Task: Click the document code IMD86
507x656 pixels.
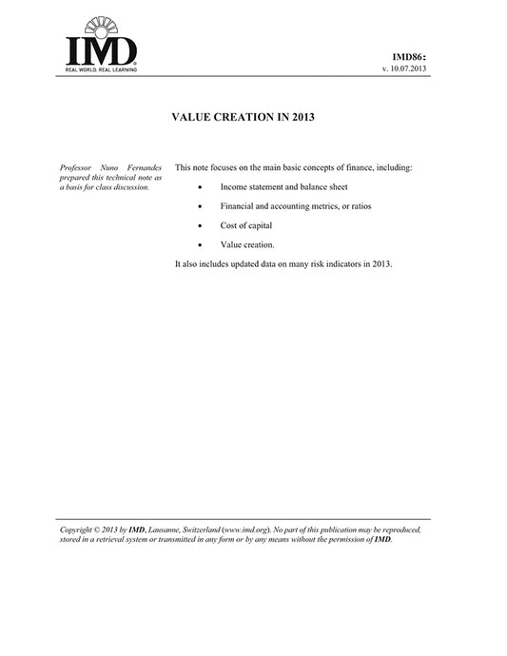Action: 410,58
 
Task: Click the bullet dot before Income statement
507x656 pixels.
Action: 199,187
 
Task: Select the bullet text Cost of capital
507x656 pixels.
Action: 245,225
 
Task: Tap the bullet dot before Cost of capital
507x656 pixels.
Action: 199,225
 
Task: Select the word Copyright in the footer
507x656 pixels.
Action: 79,529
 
